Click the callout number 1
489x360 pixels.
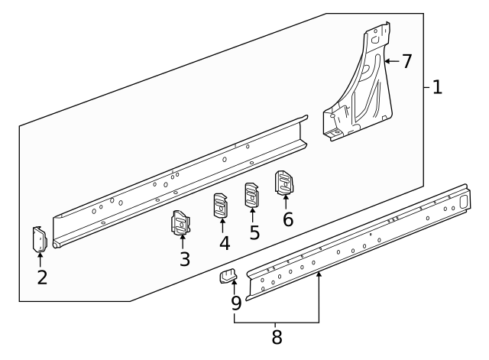437,86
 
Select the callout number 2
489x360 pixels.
42,277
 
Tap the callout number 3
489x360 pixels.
184,258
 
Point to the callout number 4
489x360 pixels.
223,243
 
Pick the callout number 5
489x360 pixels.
254,232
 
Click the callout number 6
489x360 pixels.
287,219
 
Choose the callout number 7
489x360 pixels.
406,60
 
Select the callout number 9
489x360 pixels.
236,303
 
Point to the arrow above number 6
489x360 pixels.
286,201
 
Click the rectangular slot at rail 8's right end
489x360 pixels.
461,202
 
